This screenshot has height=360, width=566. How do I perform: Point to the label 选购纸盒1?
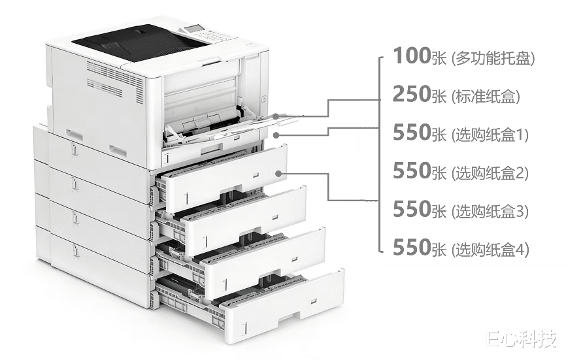[490, 135]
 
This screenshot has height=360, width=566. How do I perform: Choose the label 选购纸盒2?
[490, 173]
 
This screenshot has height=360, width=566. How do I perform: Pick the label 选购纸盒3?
[490, 211]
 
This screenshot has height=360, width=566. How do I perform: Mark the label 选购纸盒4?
[490, 249]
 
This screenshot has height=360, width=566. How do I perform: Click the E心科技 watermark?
[520, 338]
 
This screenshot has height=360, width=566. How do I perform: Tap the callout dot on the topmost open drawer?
[279, 173]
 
